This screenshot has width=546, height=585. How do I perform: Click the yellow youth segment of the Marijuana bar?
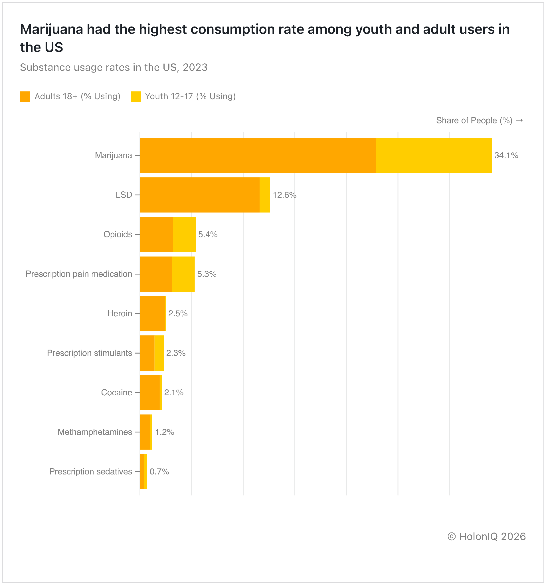pos(434,155)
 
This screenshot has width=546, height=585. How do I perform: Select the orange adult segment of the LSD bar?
pos(199,195)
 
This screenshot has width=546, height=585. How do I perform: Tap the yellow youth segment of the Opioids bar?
pos(184,235)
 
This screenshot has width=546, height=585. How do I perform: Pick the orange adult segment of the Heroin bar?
pos(153,313)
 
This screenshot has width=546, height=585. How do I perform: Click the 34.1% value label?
pos(506,155)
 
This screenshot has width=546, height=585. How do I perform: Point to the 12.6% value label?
pos(284,195)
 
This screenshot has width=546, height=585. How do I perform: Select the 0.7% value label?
pos(159,471)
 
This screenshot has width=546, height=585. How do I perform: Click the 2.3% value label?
pos(176,353)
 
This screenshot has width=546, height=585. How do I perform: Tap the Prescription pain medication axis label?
pos(79,274)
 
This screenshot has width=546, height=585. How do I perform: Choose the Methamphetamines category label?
pos(95,432)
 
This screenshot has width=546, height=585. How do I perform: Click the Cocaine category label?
pos(116,392)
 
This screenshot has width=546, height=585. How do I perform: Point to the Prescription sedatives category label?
pos(90,471)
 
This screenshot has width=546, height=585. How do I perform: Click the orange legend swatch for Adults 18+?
pos(25,97)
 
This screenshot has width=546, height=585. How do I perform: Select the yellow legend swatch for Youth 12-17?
pos(136,97)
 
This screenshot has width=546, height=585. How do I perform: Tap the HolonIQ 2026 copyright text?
pos(486,536)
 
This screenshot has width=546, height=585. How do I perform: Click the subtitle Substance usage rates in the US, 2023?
pos(114,67)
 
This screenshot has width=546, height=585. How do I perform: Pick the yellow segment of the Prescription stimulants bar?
pos(159,353)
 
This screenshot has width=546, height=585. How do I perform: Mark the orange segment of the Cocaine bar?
pos(149,392)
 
